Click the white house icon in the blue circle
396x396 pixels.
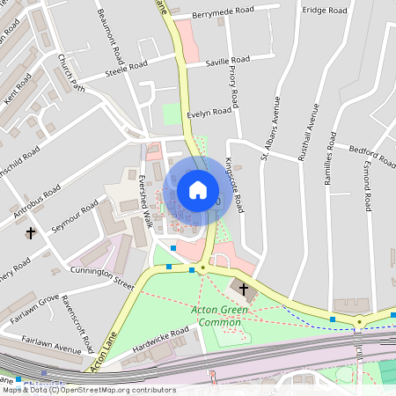(198, 190)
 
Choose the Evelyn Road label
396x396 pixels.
(209, 111)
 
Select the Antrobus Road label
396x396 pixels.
(36, 202)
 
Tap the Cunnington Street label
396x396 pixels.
(105, 279)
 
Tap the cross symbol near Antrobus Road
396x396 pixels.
(31, 233)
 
